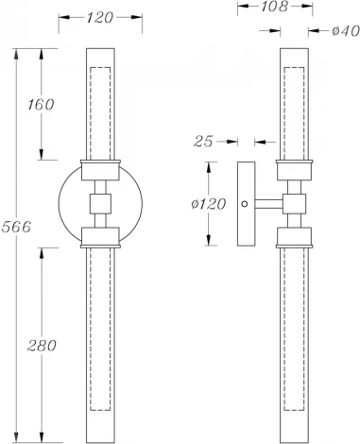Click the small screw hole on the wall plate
tap(246, 202)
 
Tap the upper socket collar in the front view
tap(99, 171)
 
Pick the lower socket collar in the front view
tap(99, 235)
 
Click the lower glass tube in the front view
tap(99, 340)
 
